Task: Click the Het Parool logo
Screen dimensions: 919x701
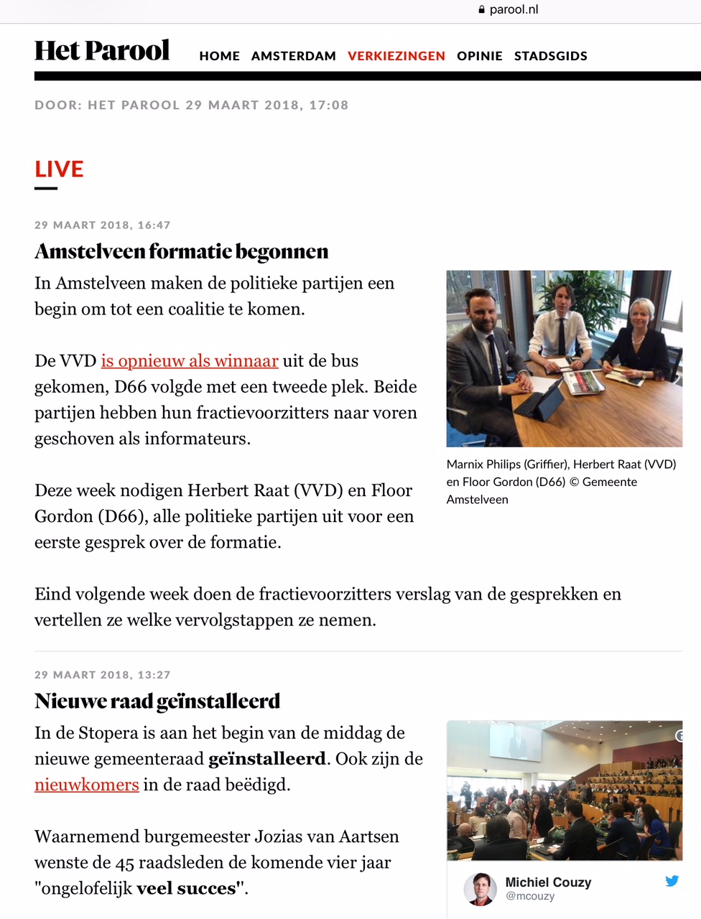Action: tap(102, 51)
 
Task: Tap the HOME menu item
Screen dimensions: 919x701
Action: tap(219, 56)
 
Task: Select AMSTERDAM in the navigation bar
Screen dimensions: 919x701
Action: tap(293, 56)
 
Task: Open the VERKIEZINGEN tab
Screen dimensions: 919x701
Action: tap(396, 56)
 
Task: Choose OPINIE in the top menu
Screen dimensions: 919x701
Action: tap(479, 56)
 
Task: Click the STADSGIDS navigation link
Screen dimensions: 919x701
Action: tap(550, 56)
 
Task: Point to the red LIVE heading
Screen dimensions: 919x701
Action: tap(59, 169)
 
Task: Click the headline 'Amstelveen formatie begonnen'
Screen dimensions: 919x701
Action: tap(181, 251)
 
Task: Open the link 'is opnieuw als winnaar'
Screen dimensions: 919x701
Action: tap(189, 361)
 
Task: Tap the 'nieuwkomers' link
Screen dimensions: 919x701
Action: tap(86, 785)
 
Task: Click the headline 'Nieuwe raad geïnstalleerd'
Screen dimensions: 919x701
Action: tap(157, 701)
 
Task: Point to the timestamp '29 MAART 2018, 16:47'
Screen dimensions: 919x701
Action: tap(103, 225)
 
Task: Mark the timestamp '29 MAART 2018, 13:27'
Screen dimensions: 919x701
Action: tap(103, 675)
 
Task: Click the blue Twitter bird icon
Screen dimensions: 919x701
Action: tap(672, 881)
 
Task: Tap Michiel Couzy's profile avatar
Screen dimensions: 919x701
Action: tap(480, 889)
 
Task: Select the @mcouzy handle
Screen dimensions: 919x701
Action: tap(530, 896)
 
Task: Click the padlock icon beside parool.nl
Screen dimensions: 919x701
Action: tap(482, 10)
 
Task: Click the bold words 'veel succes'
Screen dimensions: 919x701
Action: tap(185, 889)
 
